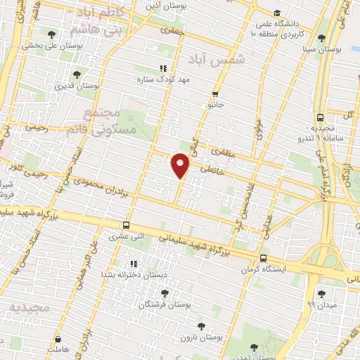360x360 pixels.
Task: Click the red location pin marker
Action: click(181, 165)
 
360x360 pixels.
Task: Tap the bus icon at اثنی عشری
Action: click(126, 226)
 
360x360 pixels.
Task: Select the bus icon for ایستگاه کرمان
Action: click(263, 258)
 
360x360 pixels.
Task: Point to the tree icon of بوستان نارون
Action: click(201, 326)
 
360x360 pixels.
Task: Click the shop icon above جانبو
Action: click(215, 94)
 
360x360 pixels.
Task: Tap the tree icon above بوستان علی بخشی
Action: click(51, 34)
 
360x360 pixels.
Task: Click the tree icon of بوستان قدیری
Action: click(76, 74)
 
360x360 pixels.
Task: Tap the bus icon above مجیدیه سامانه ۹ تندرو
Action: click(320, 117)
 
